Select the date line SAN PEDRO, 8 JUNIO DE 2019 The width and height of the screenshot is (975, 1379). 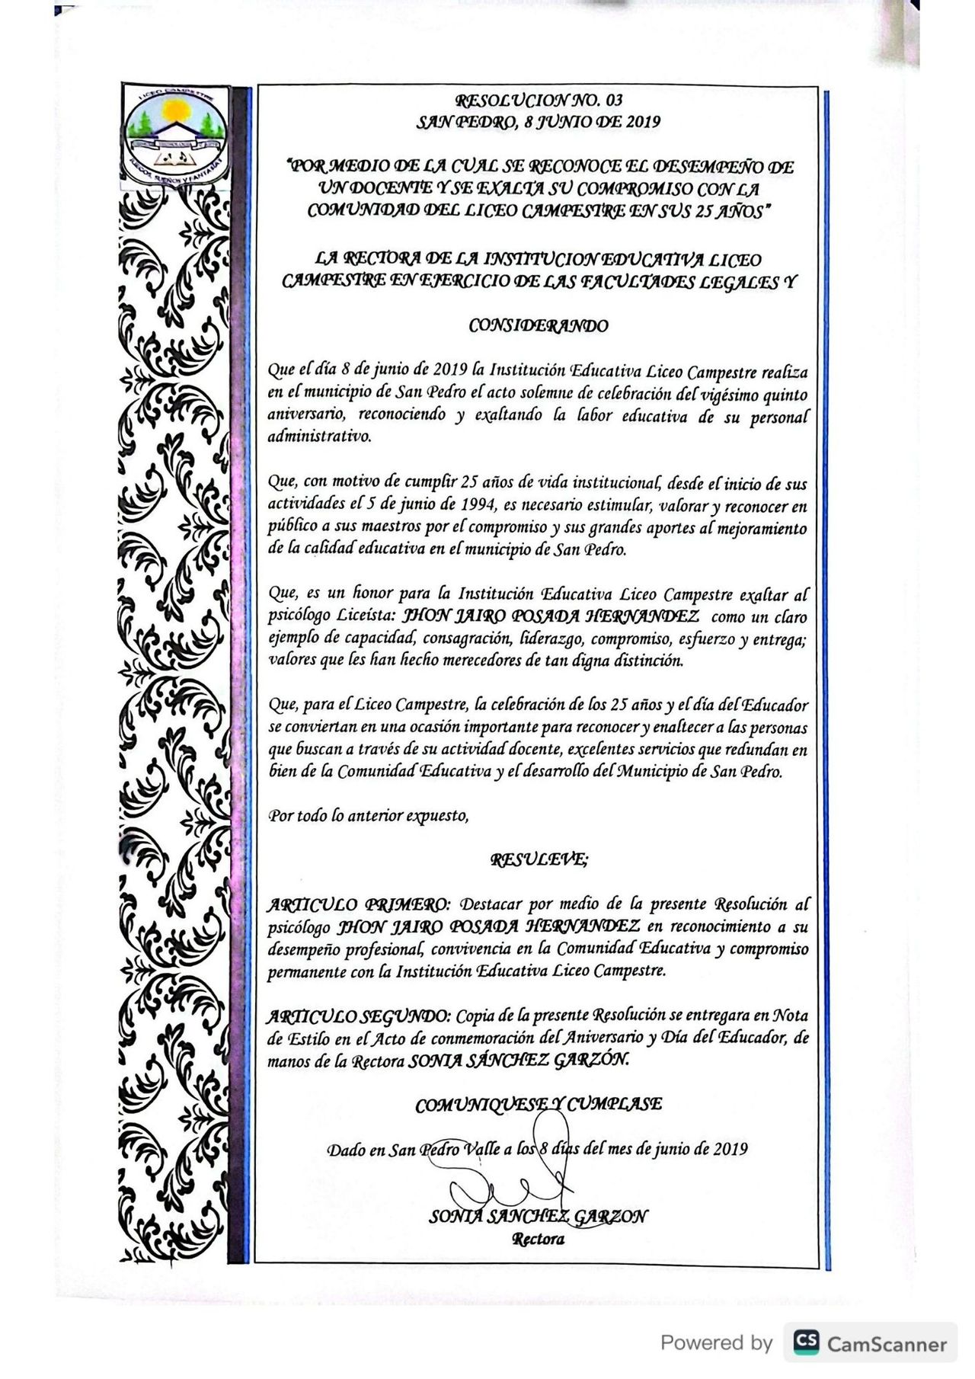click(539, 121)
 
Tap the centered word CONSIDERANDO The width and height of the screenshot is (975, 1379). click(539, 326)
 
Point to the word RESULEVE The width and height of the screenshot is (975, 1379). click(539, 860)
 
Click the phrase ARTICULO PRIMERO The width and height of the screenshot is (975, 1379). click(359, 905)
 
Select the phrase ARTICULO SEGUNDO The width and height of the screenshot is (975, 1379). click(359, 1016)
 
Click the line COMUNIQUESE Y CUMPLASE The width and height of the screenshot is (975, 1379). click(539, 1104)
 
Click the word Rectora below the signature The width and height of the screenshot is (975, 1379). click(539, 1239)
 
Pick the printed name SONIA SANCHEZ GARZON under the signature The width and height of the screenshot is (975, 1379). click(539, 1217)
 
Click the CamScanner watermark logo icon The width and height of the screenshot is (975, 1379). click(806, 1342)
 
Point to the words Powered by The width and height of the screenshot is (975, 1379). click(716, 1342)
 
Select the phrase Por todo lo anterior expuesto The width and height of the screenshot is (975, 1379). click(368, 816)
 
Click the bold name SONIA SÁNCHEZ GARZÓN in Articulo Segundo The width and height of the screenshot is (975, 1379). click(519, 1061)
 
